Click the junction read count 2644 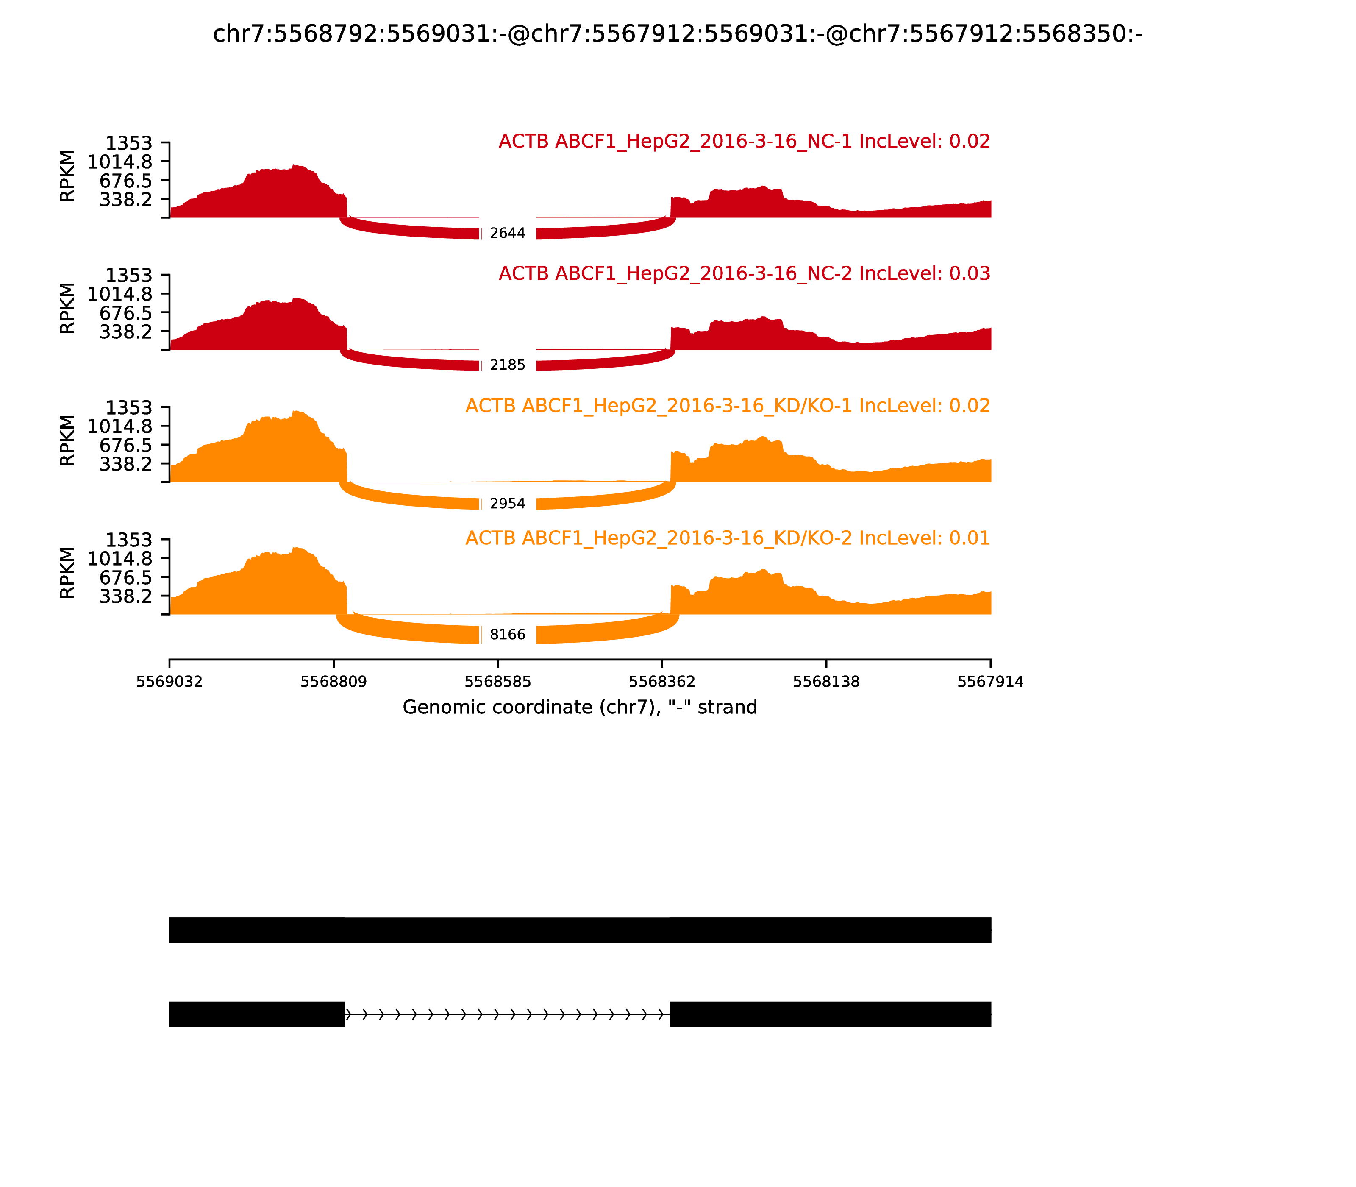[507, 233]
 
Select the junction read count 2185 [507, 365]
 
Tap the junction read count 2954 [507, 504]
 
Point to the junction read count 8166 [507, 635]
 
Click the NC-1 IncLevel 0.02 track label [744, 141]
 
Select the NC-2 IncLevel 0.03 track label [744, 273]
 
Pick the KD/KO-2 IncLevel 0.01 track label [728, 538]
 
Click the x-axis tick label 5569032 [169, 682]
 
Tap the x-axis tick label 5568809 [334, 682]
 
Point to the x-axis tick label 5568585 [498, 682]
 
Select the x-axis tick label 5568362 [662, 682]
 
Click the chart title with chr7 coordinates [677, 34]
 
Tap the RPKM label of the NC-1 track [67, 176]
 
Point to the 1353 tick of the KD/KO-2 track [129, 540]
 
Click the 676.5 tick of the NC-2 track [126, 313]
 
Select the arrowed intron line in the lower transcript [507, 1014]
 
